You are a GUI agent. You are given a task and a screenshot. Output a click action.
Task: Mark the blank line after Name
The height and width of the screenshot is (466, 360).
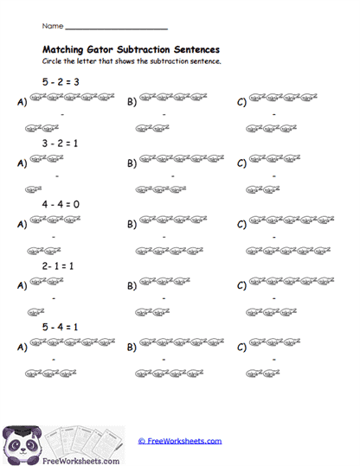click(x=116, y=29)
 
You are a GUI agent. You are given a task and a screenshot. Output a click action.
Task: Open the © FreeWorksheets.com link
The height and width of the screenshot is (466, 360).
click(x=179, y=441)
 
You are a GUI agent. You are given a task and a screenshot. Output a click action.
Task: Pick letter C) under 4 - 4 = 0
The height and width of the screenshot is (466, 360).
click(x=241, y=225)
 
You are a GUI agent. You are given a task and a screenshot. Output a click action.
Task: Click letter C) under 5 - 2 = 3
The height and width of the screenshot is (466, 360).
click(x=241, y=102)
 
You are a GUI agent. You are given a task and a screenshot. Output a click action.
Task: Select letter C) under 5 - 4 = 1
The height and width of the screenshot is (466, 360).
click(x=241, y=348)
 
